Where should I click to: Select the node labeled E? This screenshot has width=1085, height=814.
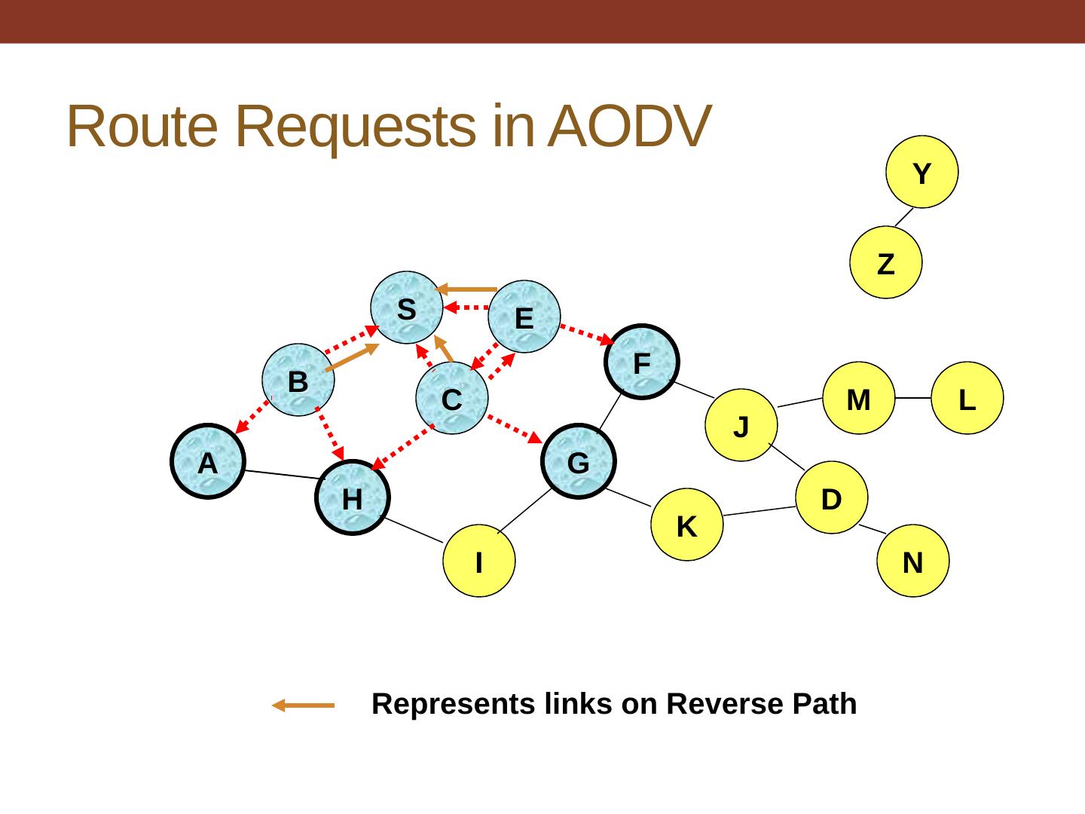pos(524,317)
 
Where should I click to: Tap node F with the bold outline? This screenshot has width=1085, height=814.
pos(641,363)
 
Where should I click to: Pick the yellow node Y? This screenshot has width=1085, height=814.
pos(921,173)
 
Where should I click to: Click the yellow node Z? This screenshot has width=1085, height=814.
pos(885,263)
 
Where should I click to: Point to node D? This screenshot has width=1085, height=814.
pos(831,498)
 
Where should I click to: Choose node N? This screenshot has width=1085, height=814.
pos(912,562)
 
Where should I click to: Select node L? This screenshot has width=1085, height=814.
pos(967,399)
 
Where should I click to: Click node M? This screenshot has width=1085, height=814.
pos(858,399)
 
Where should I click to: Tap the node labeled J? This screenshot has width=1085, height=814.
pos(741,426)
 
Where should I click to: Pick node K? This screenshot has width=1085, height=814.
pos(686,525)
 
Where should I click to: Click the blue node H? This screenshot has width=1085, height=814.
pos(352,498)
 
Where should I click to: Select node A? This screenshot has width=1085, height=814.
pos(207,462)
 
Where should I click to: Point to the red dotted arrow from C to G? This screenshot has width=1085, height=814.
pos(515,428)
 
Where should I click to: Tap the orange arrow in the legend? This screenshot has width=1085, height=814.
pos(303,705)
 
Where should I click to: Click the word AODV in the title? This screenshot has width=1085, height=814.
pos(628,126)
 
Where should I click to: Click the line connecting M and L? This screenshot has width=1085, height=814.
pos(912,398)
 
